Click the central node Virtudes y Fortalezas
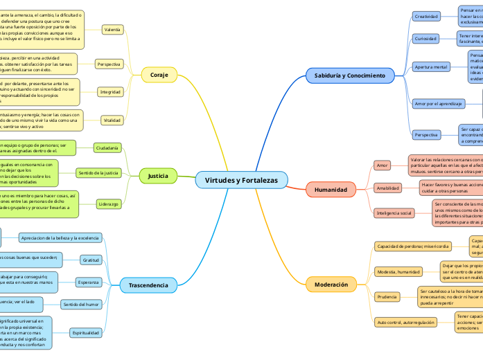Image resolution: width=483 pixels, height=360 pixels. point(241,180)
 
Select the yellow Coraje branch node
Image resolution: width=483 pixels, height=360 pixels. point(159,75)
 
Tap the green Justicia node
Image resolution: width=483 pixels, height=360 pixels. point(159,176)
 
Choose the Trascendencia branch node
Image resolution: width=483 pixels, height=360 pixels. point(148,285)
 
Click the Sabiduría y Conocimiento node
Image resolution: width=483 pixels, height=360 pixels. point(350,75)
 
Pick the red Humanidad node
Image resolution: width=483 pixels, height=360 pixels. point(331,189)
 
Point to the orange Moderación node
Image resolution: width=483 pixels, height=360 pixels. point(331,285)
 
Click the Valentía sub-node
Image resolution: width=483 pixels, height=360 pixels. point(112,30)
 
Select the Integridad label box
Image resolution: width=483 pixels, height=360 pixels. point(110,91)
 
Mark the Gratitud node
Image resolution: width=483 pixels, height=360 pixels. point(91,260)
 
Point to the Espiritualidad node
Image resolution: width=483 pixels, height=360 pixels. point(87,333)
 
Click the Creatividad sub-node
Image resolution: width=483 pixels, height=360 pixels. point(426,15)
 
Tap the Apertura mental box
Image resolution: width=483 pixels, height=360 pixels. point(431,66)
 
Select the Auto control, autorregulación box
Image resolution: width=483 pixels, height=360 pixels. point(406,323)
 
